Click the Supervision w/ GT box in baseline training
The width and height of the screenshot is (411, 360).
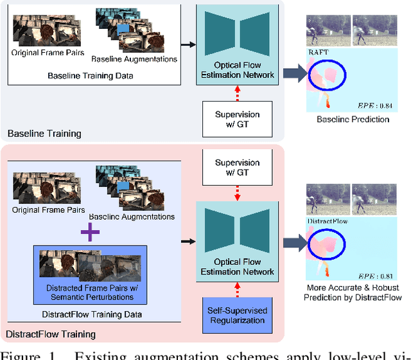(237, 118)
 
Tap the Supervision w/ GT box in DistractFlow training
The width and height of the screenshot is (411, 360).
(237, 167)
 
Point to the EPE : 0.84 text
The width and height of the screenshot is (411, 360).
(374, 105)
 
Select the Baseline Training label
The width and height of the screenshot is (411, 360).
(44, 134)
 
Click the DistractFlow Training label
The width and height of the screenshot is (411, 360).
(51, 334)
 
